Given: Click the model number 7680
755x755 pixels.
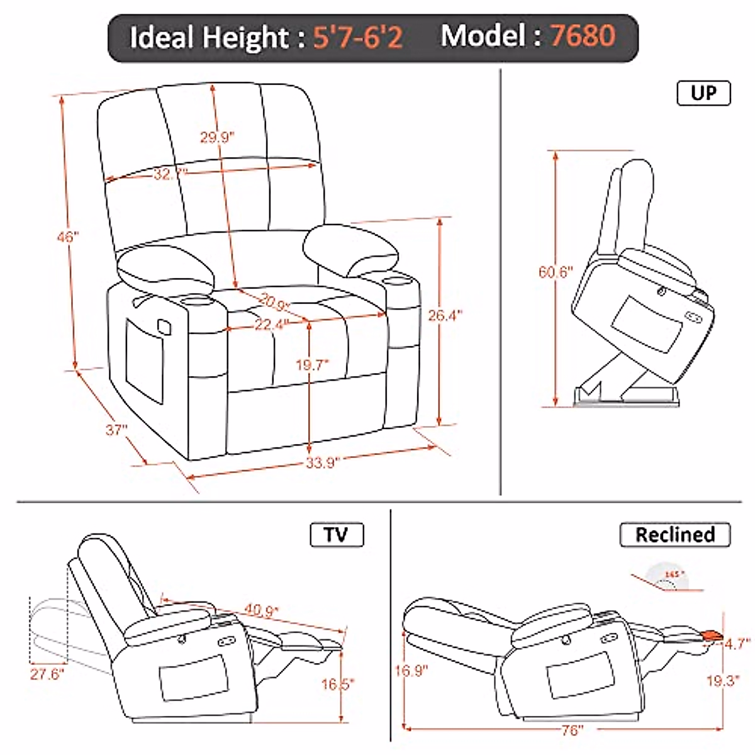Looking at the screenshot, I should coord(582,36).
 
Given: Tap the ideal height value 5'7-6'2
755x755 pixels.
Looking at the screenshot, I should coord(358,38).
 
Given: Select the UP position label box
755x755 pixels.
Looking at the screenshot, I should coord(703,93).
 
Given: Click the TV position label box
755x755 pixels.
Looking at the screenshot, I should coord(337,535).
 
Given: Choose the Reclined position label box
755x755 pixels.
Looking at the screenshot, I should coord(674,535).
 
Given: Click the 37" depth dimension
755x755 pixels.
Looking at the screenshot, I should coord(116,430).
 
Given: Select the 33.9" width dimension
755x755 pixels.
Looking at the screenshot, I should coord(323,463).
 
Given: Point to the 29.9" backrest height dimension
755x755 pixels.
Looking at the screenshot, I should coord(217,137).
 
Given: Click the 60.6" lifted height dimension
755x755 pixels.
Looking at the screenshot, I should coord(556,272).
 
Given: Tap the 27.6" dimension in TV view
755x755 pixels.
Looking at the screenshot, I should coord(47,674).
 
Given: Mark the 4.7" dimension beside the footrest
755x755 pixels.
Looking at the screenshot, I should coord(736,644).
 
